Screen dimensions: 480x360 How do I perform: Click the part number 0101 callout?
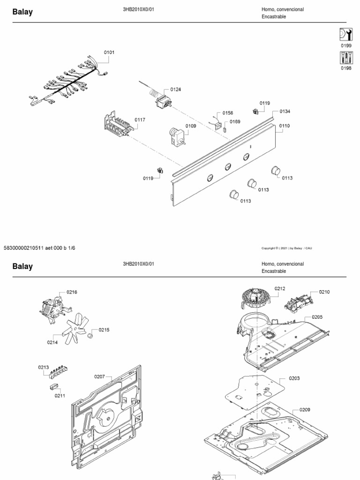click(109, 52)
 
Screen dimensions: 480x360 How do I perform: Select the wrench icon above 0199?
click(346, 35)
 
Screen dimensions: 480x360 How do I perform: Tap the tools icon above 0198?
click(346, 58)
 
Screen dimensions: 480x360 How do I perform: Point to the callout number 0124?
click(176, 90)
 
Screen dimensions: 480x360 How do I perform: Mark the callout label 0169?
click(235, 122)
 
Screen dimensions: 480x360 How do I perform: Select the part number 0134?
click(285, 112)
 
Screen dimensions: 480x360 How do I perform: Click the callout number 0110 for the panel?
click(285, 126)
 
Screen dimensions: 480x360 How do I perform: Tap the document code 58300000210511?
click(24, 248)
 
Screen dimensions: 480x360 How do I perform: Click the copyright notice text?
click(286, 248)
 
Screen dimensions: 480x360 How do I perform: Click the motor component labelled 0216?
click(52, 310)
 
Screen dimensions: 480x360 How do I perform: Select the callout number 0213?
click(43, 367)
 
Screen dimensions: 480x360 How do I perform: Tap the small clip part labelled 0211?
click(54, 387)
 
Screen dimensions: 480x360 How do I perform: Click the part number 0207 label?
click(99, 376)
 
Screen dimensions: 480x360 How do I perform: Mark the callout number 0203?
click(294, 378)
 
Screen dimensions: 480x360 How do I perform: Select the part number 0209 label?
click(305, 410)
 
